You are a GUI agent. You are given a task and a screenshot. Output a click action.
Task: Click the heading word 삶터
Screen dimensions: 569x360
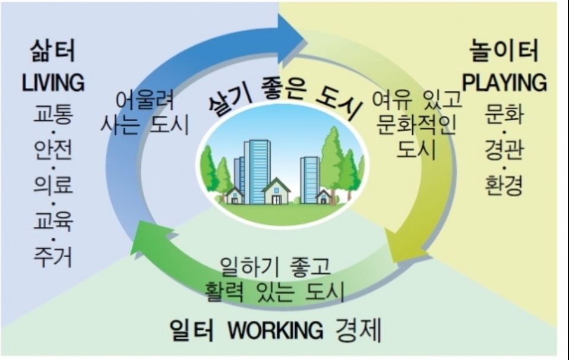point(53,52)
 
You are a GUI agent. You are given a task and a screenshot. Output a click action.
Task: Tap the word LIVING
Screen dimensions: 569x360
point(53,83)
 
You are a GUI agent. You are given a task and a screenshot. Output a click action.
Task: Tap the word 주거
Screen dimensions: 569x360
point(53,257)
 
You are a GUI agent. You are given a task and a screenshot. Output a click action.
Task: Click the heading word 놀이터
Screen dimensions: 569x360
point(504,52)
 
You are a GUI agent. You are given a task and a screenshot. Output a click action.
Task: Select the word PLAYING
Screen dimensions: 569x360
point(504,83)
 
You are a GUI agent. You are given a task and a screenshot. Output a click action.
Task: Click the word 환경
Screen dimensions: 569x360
point(504,186)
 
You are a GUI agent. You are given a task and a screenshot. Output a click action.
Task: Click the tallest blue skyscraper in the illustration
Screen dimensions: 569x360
point(257,169)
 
